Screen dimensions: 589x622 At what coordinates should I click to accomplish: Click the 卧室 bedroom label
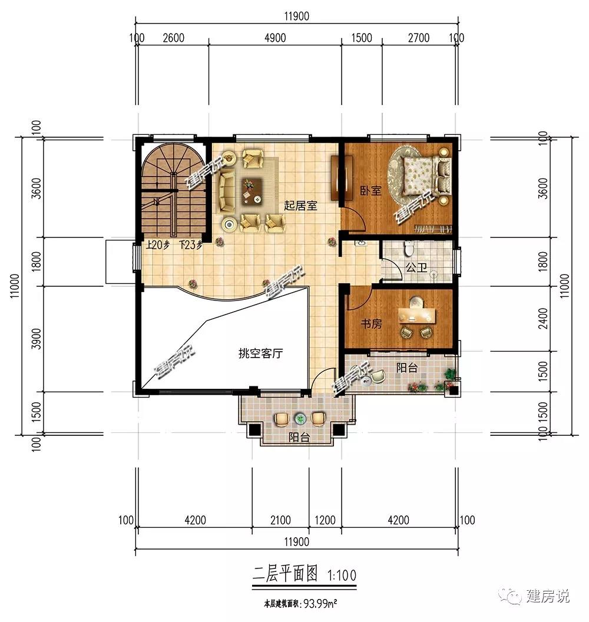coord(370,191)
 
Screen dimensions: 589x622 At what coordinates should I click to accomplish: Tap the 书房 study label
coord(371,324)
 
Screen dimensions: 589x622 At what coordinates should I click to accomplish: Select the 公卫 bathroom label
coord(416,268)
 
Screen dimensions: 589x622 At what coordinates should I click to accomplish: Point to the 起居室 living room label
coord(300,206)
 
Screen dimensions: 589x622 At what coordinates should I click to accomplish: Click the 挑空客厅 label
coord(260,353)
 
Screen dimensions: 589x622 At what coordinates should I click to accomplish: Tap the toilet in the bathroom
coord(409,248)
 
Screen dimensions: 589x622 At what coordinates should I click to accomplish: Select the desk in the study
coord(417,315)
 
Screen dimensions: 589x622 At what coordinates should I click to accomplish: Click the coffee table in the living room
coord(252,191)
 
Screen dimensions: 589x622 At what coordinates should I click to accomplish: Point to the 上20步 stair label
coord(157,245)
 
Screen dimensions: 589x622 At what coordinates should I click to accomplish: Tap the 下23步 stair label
coord(191,245)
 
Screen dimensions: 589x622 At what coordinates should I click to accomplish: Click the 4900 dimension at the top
coord(275,38)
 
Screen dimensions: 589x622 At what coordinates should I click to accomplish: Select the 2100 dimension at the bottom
coord(280,520)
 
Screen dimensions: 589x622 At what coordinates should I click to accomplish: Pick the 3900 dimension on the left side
coord(36,338)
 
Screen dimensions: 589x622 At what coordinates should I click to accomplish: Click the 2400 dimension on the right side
coord(543,318)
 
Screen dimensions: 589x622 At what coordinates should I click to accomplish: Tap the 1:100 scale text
coord(342,575)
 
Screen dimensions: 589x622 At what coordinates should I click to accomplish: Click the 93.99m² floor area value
coord(320,604)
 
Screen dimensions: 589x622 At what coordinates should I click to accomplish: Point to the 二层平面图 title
coord(285,574)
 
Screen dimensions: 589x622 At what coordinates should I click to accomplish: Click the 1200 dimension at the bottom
coord(325,520)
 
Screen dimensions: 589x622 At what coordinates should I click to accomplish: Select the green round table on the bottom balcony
coord(299,418)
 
